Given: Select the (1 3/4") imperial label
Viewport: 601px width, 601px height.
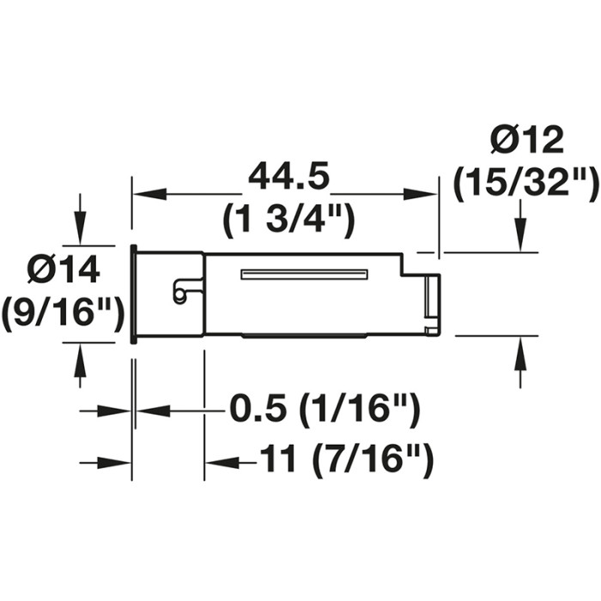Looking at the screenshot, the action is coord(288,222).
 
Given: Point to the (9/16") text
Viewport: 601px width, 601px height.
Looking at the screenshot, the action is coord(63,311).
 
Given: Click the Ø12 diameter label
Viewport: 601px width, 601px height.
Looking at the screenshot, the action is coord(527,140).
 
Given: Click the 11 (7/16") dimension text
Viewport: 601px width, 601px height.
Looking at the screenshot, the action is coord(346,459).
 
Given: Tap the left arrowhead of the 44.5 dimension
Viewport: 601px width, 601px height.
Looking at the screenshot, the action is coord(149,194).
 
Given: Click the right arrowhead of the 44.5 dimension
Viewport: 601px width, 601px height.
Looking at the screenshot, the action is coord(421,194).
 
